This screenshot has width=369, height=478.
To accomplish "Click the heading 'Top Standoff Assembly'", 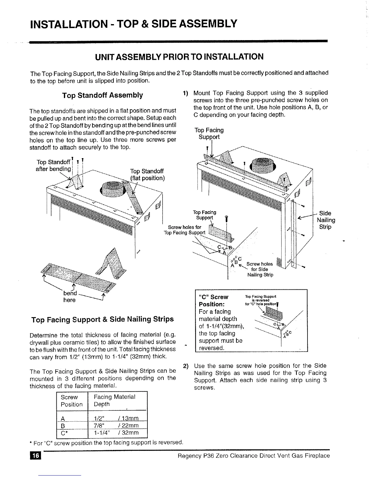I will [x=102, y=95].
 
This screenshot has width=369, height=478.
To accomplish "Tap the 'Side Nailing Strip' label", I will [x=326, y=220].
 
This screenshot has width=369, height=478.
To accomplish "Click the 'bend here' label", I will [x=70, y=296].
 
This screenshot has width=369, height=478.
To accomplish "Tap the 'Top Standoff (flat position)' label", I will [x=147, y=174].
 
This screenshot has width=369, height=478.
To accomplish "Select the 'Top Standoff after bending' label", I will [x=54, y=166].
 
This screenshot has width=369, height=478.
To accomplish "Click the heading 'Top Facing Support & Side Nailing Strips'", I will [x=102, y=319].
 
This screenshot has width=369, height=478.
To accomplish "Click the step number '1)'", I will [x=186, y=93].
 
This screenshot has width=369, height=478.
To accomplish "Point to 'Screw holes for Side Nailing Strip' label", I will [x=260, y=269].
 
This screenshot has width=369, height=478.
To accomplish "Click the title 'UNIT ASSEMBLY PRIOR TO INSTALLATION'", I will [x=179, y=57].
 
